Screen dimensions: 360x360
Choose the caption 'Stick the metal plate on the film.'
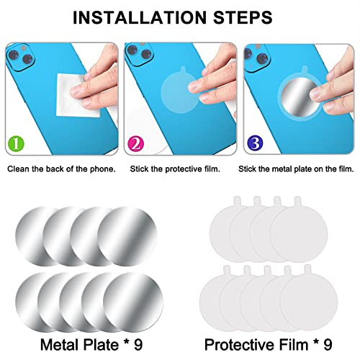(x=297, y=169)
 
